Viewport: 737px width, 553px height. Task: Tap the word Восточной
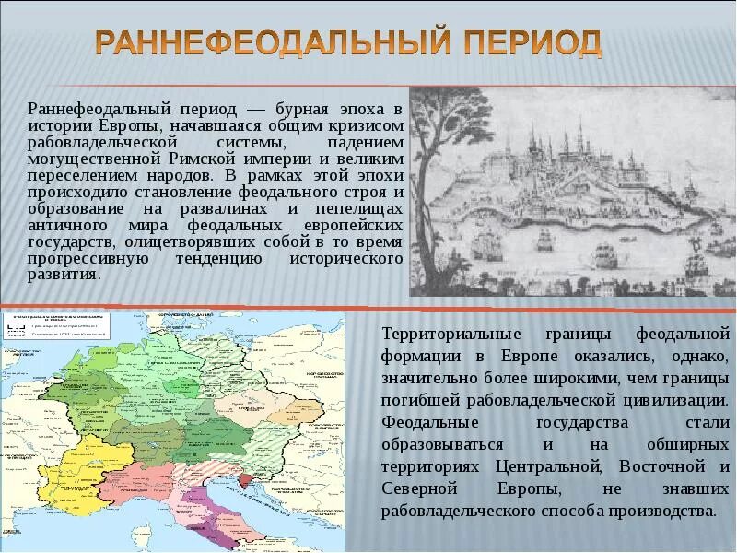(658, 466)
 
